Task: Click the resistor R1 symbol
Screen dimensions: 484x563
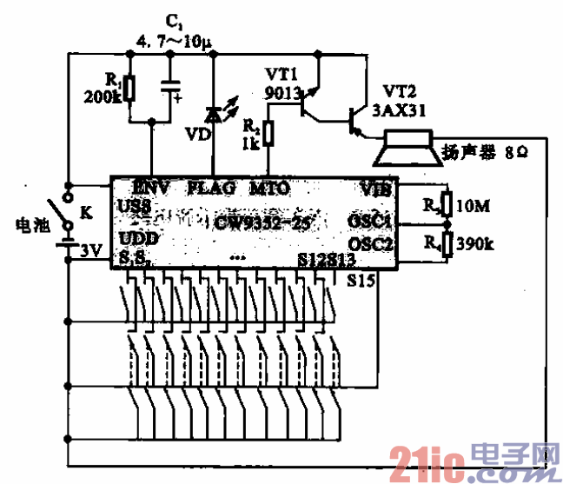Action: pyautogui.click(x=129, y=88)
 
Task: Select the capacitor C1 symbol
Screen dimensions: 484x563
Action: pyautogui.click(x=171, y=87)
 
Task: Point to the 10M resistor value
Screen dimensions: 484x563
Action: pyautogui.click(x=473, y=206)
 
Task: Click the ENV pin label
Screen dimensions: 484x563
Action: pyautogui.click(x=153, y=187)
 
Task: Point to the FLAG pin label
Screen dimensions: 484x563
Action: pyautogui.click(x=211, y=187)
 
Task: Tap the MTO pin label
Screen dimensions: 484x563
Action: pyautogui.click(x=269, y=187)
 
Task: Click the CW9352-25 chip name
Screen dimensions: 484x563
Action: pyautogui.click(x=253, y=222)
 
